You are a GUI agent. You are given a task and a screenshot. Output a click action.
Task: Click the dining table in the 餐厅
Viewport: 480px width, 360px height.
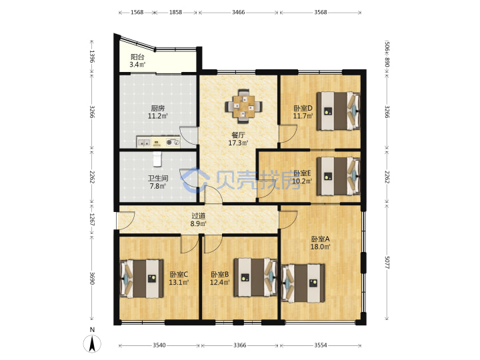point(244,106)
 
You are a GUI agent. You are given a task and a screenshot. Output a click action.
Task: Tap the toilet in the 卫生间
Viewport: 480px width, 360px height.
point(157,159)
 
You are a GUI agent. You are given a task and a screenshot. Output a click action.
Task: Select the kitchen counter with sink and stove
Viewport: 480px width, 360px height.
point(158,142)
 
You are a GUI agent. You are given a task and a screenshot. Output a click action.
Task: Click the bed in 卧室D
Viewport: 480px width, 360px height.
point(338,111)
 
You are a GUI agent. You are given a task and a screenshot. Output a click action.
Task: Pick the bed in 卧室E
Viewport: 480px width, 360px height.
point(338,176)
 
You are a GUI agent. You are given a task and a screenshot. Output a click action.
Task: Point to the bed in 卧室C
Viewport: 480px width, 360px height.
point(141,279)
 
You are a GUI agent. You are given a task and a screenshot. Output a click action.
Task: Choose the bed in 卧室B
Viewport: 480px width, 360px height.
point(255,277)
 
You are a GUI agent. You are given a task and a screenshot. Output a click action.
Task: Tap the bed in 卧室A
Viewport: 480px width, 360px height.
point(303,283)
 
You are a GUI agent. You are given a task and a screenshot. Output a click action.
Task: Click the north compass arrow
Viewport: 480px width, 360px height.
point(92,344)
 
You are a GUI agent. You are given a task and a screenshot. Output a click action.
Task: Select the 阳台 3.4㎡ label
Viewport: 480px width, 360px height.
point(137,61)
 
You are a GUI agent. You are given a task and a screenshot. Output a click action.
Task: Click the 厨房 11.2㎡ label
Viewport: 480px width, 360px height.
point(157,112)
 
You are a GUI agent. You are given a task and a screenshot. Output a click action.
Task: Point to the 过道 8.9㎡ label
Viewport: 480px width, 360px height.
point(198,220)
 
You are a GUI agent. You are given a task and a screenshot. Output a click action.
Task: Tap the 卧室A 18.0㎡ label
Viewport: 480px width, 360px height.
point(320,243)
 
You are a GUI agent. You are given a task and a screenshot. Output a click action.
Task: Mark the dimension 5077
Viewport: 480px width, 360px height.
point(386,263)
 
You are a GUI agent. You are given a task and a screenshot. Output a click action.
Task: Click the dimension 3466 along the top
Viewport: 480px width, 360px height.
point(238,12)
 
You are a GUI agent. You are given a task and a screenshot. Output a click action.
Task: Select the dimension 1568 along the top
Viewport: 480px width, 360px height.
point(137,12)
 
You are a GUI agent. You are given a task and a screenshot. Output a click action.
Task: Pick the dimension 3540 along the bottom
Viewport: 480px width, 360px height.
point(159,345)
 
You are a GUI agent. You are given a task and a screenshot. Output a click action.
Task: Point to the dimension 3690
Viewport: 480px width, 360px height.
point(92,278)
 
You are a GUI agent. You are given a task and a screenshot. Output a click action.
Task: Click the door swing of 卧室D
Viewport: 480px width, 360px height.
point(289,133)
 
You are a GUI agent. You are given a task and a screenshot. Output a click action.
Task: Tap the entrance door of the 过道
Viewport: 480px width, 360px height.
point(126,221)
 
